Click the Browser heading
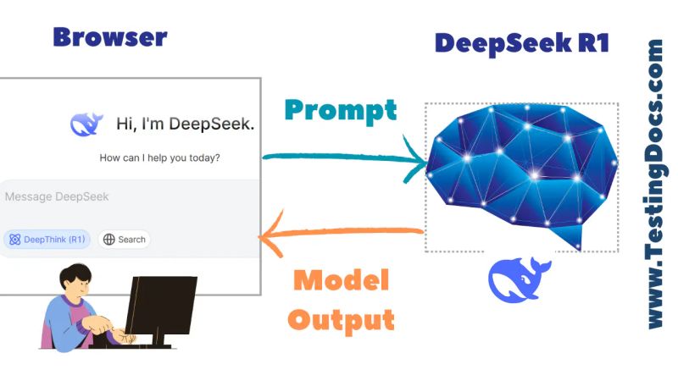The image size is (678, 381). point(109,37)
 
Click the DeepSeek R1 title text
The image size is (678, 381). point(521,42)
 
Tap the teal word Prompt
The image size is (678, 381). point(340,109)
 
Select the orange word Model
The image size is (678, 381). point(340,279)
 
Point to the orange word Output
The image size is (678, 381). point(341,319)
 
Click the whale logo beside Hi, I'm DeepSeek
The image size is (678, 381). point(87,124)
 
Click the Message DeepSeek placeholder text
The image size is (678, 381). point(57,196)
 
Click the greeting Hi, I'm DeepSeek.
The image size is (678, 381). point(185,124)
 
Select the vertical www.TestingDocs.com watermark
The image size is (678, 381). point(654,185)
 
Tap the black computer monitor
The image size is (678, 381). point(161,305)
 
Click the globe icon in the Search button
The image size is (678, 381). point(108,240)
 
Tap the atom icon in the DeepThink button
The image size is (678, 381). point(14,240)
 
